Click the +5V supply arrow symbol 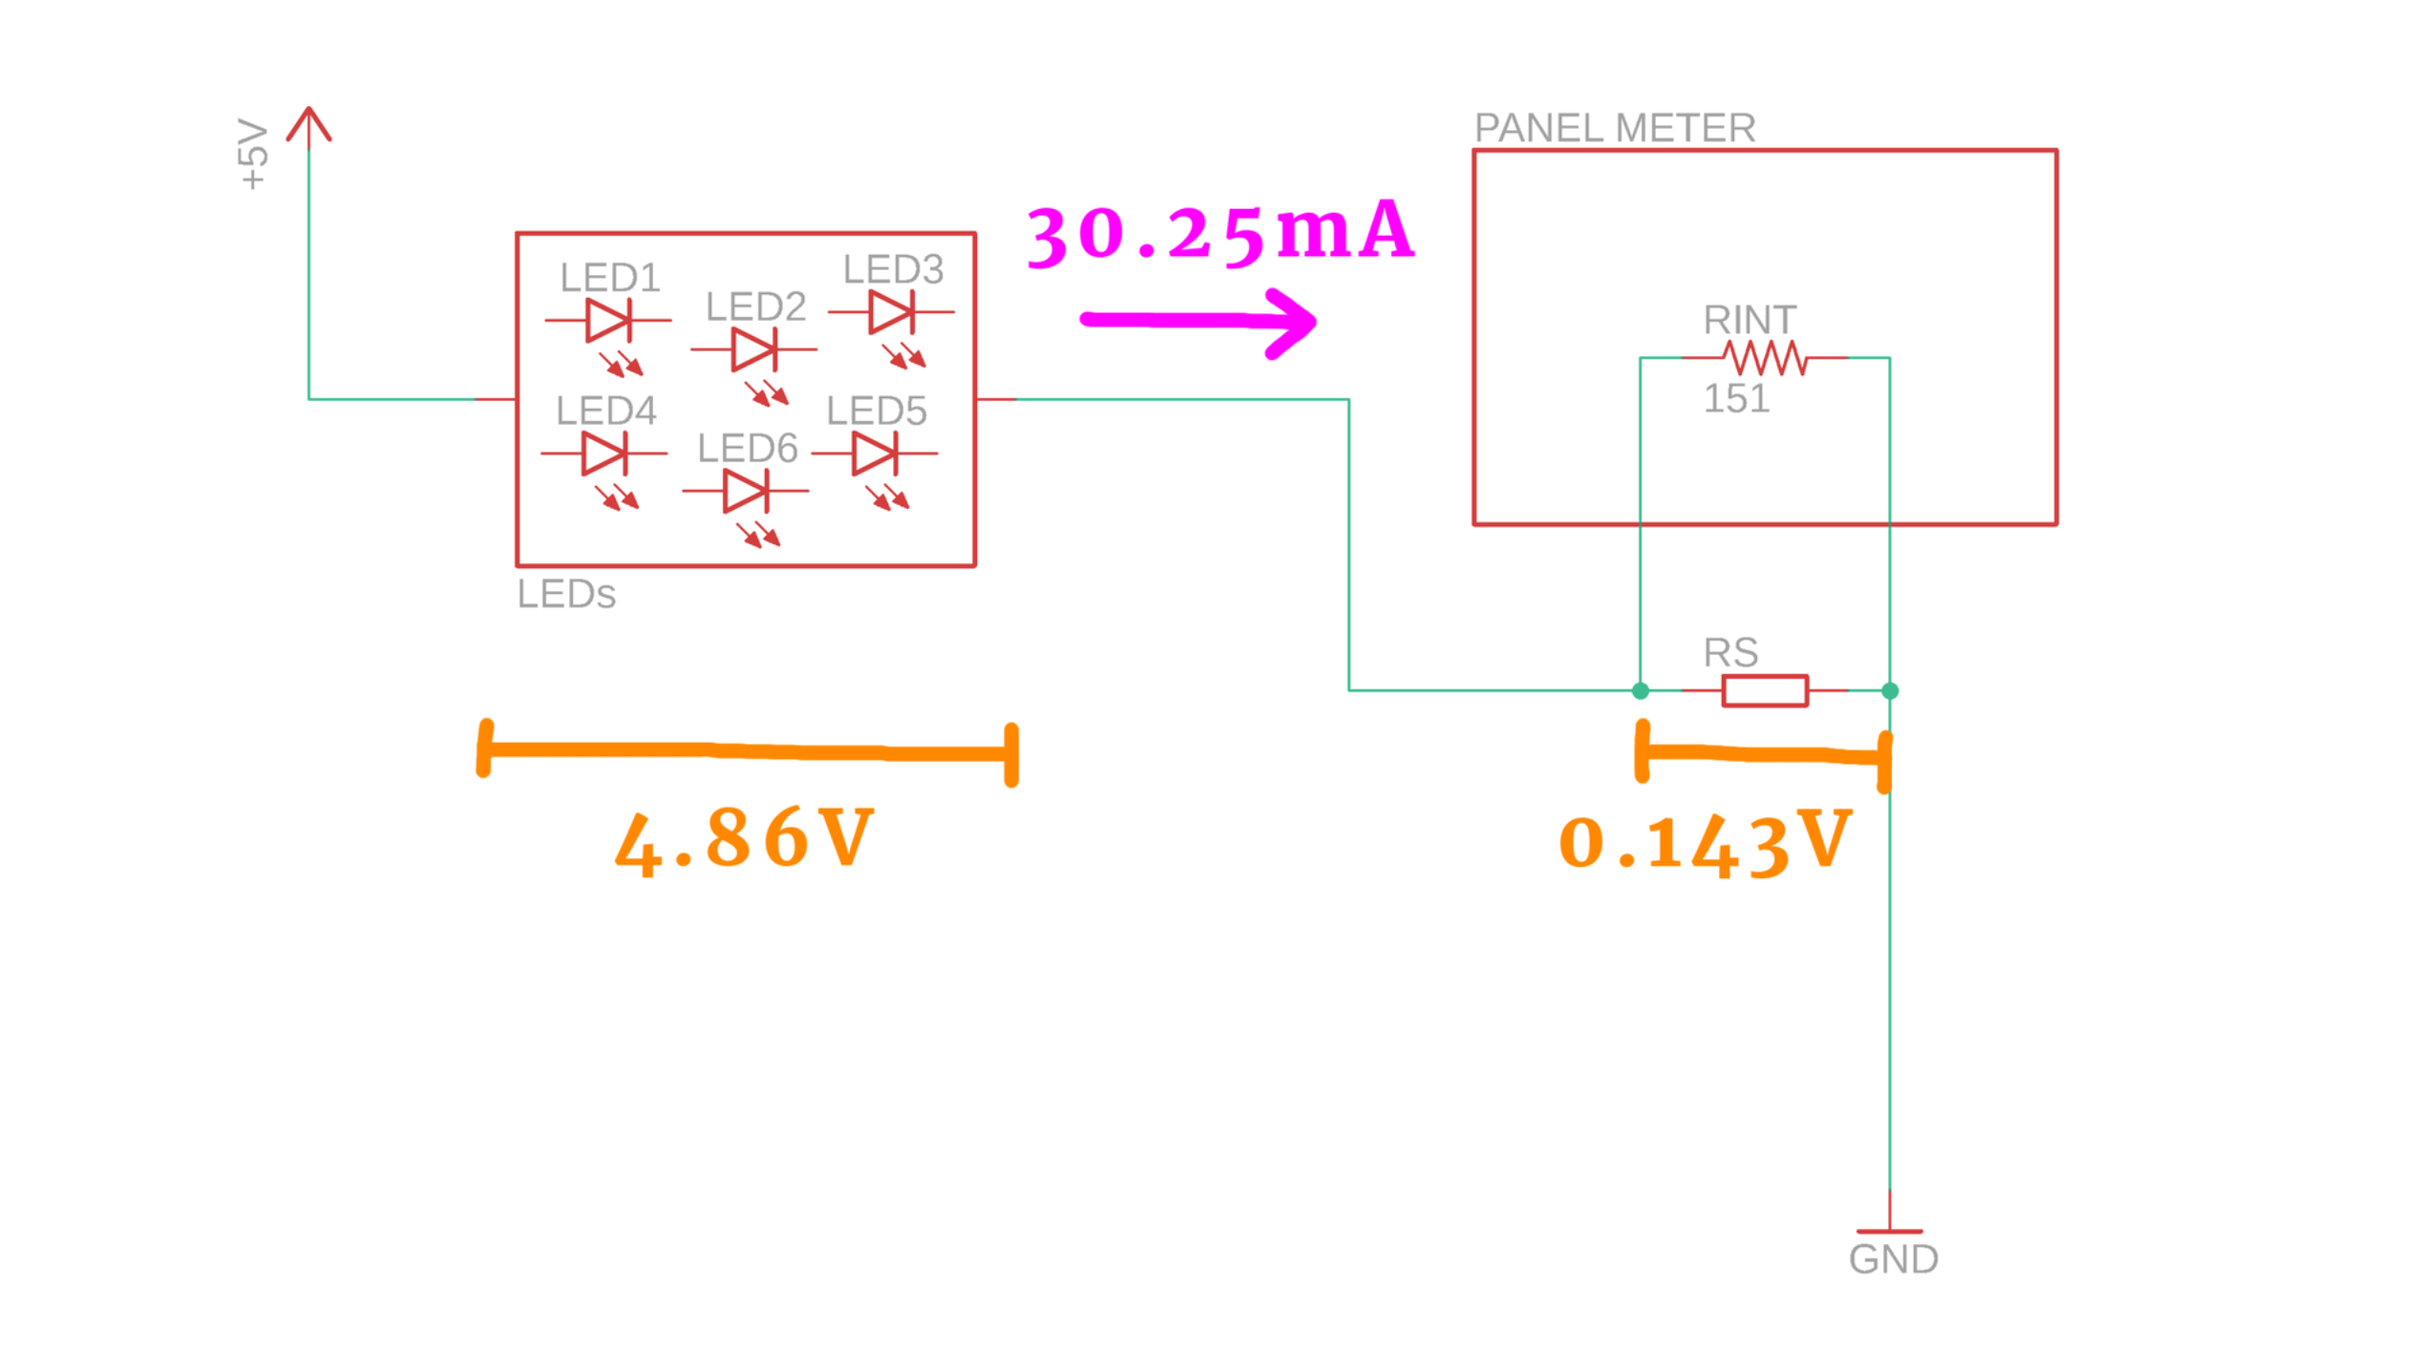tap(308, 125)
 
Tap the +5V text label tap(253, 154)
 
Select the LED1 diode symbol tap(608, 320)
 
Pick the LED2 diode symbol tap(754, 349)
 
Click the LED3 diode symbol tap(891, 312)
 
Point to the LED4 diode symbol tap(604, 454)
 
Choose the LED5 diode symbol tap(875, 454)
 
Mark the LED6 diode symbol tap(746, 491)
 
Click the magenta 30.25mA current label tap(1220, 233)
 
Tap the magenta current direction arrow tap(1199, 322)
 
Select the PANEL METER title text tap(1614, 128)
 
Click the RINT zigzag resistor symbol tap(1765, 358)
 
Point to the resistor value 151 tap(1736, 398)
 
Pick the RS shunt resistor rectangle tap(1765, 690)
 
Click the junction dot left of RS tap(1641, 690)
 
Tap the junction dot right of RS tap(1890, 690)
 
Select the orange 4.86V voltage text tap(744, 839)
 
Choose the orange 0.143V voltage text tap(1705, 843)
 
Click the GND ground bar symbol tap(1890, 1232)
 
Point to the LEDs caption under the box tap(566, 594)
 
